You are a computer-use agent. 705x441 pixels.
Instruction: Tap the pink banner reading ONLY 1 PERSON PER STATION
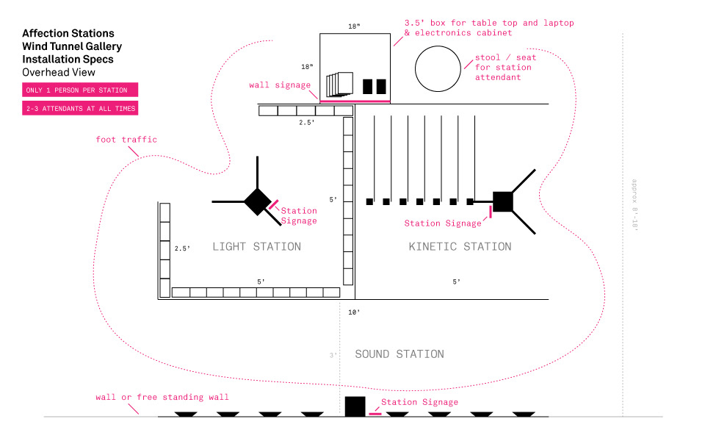[x=80, y=90]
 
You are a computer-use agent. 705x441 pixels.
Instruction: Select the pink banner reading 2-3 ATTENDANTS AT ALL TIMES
[x=80, y=108]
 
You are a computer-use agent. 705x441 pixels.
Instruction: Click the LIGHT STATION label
[x=257, y=247]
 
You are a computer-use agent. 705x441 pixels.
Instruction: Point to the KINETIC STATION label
[x=460, y=247]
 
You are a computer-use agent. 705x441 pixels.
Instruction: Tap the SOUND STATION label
[x=399, y=354]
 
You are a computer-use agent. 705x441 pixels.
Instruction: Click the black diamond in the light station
[x=258, y=201]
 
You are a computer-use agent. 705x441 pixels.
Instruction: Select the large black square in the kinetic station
[x=502, y=201]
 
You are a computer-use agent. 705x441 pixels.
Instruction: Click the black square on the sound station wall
[x=355, y=406]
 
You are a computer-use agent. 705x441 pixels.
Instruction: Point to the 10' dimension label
[x=354, y=312]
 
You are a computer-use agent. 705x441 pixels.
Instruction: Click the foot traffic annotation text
[x=126, y=140]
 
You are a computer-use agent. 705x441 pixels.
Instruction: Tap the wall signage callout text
[x=280, y=85]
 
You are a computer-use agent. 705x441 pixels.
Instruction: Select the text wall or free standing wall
[x=162, y=397]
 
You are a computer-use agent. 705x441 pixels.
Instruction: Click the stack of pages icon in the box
[x=339, y=84]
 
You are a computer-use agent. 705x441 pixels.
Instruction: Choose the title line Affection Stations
[x=68, y=33]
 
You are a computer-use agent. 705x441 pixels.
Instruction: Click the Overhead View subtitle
[x=59, y=73]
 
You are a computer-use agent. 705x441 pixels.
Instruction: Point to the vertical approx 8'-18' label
[x=634, y=205]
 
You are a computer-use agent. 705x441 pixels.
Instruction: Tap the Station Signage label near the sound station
[x=419, y=402]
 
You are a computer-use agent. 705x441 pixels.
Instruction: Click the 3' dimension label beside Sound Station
[x=333, y=355]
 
